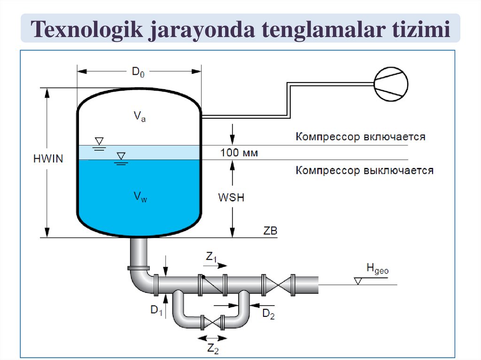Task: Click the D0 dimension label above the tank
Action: pos(138,72)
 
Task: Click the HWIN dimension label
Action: pos(48,159)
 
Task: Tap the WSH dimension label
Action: pos(231,198)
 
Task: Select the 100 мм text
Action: pos(240,153)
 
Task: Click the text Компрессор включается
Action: pos(360,137)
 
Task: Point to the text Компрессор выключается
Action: pos(365,170)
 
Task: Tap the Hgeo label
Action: pos(377,269)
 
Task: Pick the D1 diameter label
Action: pos(156,310)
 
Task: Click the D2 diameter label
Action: pos(268,314)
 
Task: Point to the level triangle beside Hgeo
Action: pos(358,281)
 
